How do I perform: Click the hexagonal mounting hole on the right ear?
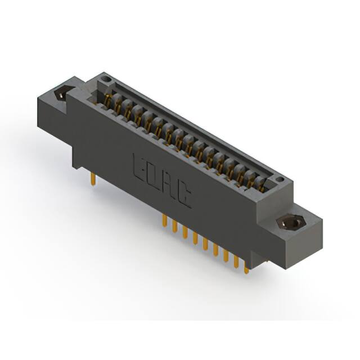[x=291, y=223]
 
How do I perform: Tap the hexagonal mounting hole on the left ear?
[x=61, y=93]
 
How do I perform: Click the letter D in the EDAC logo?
[x=155, y=176]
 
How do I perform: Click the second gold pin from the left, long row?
[x=175, y=226]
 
